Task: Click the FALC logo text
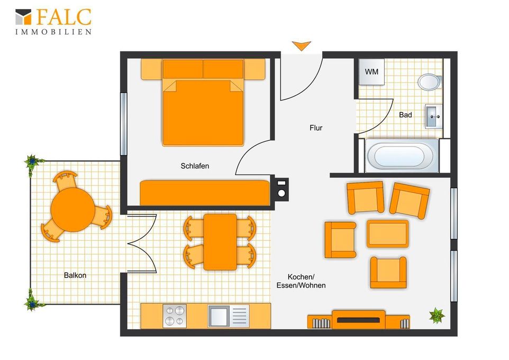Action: [x=63, y=17]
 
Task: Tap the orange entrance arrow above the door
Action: [x=301, y=46]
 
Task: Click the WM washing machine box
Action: [x=371, y=72]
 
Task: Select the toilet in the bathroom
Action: [x=430, y=82]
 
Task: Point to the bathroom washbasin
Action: [x=433, y=116]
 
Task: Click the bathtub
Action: [x=402, y=156]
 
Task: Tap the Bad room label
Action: [x=405, y=115]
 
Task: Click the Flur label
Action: [x=316, y=128]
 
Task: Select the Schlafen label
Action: [x=195, y=166]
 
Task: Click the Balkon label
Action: [x=75, y=275]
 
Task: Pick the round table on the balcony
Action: [x=73, y=210]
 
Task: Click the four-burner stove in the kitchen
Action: [x=175, y=316]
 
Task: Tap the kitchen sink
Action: [x=229, y=316]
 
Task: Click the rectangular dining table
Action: [x=220, y=242]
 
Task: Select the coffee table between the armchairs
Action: [x=387, y=233]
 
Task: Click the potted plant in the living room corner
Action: [x=437, y=315]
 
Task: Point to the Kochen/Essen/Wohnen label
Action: [x=301, y=281]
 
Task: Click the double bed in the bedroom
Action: [x=203, y=102]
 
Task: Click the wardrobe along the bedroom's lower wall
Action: [x=205, y=193]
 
